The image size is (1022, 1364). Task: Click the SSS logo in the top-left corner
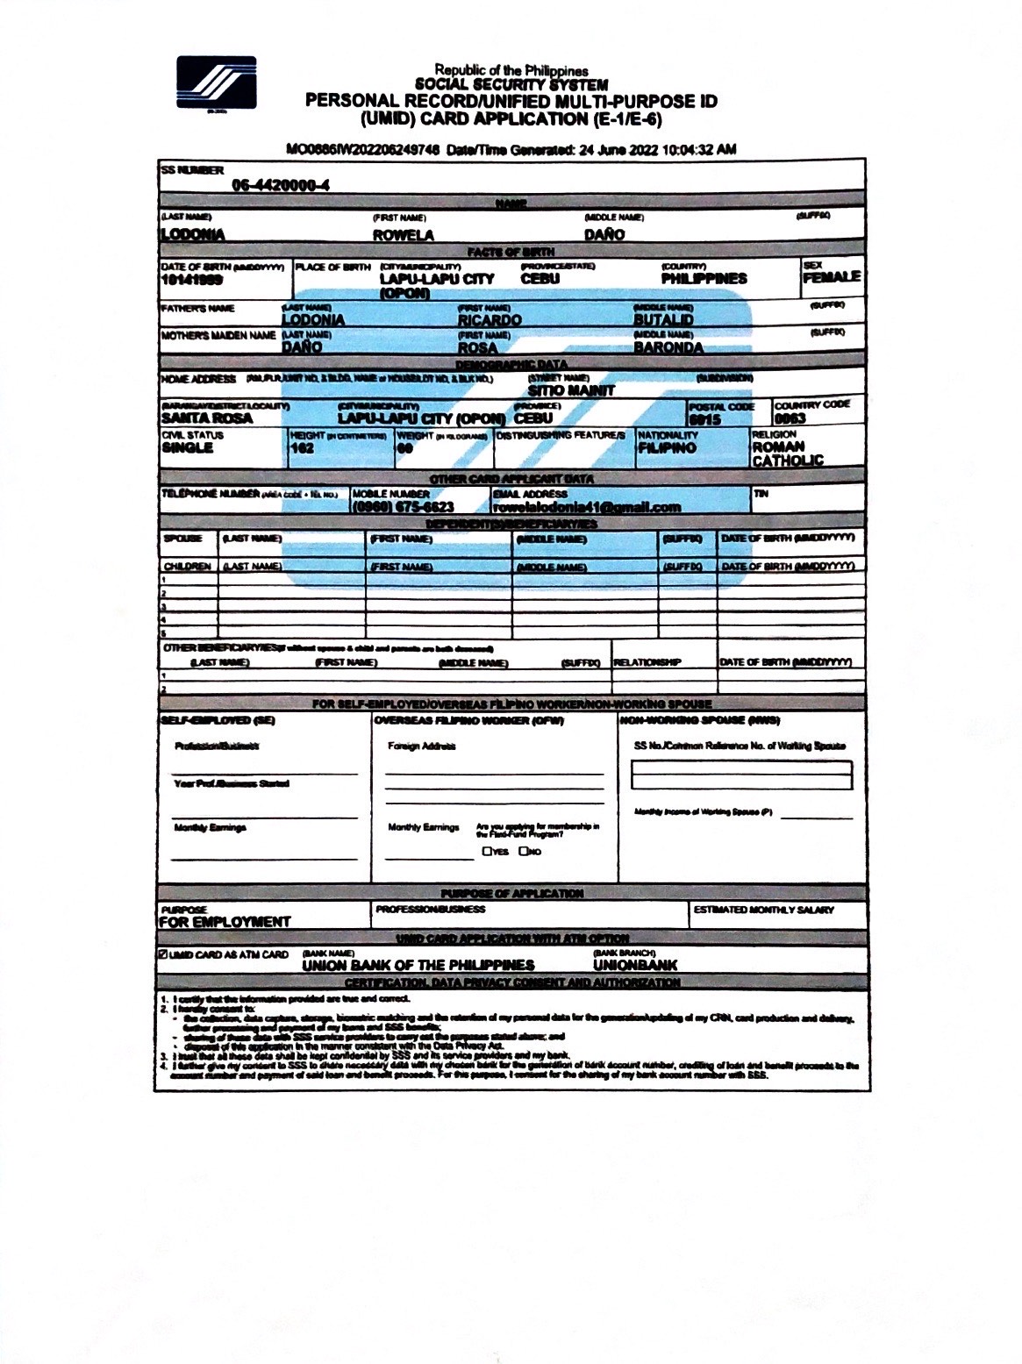click(216, 84)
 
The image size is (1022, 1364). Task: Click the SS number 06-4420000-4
click(281, 185)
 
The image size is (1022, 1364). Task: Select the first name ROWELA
click(403, 235)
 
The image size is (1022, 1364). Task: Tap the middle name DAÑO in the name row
click(604, 235)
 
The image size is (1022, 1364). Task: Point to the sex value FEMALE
click(831, 277)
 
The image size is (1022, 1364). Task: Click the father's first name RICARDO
click(490, 320)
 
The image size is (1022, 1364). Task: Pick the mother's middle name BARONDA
click(668, 347)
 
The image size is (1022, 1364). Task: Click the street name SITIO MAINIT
click(571, 390)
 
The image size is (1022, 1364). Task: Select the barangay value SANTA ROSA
click(207, 418)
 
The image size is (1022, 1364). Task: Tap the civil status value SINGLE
click(187, 447)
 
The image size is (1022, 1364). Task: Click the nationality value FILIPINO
click(668, 448)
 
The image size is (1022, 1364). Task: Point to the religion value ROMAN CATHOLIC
click(787, 453)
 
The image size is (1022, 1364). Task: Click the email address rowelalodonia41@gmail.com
click(587, 508)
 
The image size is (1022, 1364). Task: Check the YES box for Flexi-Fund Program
click(486, 851)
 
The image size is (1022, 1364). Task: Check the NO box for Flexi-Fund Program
click(524, 851)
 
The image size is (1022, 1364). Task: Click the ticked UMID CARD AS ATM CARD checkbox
click(163, 954)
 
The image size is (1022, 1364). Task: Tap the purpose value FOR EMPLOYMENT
click(225, 922)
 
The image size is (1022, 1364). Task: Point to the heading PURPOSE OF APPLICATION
click(511, 893)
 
